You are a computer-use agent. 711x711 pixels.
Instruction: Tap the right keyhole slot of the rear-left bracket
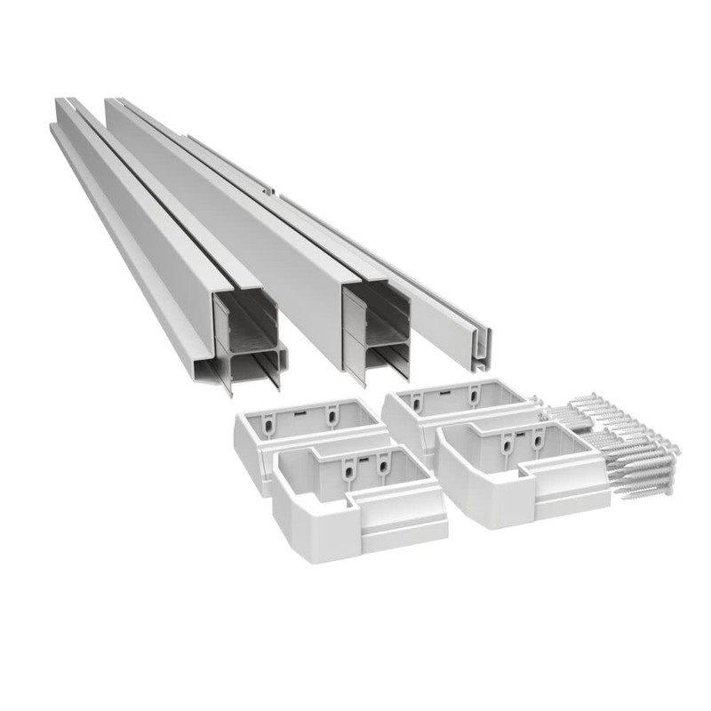click(x=331, y=413)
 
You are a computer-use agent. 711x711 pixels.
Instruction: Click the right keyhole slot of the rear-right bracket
click(x=477, y=394)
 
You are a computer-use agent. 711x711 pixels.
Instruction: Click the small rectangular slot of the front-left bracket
click(x=362, y=459)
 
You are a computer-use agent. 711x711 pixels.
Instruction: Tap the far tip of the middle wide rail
click(x=112, y=102)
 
